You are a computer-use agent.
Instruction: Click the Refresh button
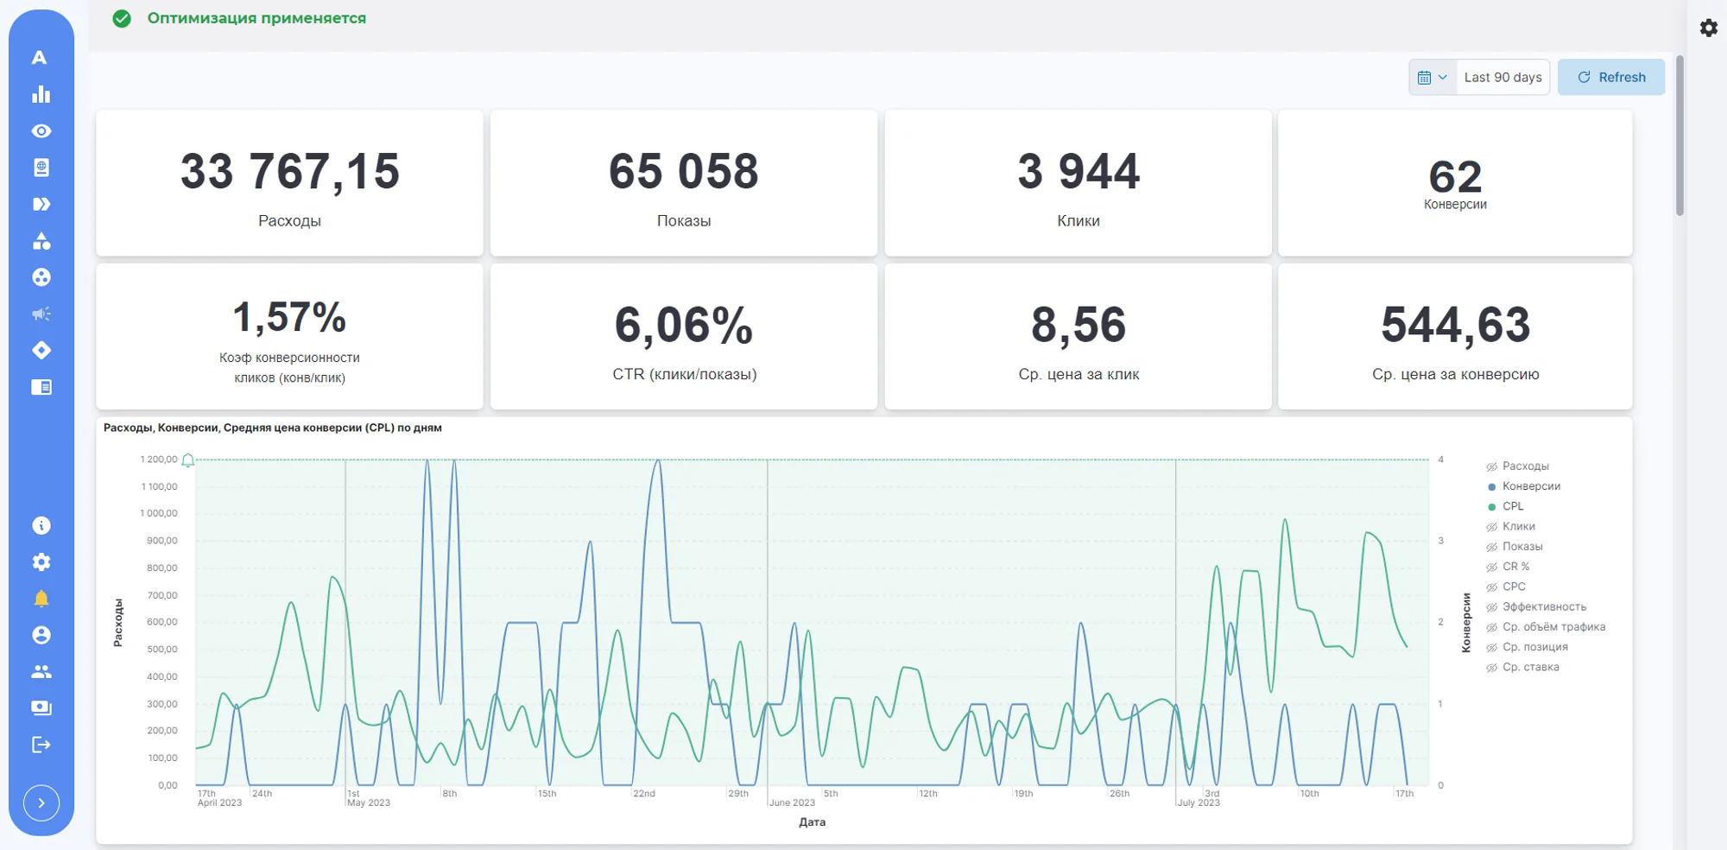pos(1611,77)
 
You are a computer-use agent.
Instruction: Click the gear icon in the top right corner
pos(1709,28)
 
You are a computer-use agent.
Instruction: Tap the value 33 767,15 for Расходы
pos(290,171)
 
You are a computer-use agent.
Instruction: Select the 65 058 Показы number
pos(684,171)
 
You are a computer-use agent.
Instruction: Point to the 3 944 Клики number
pos(1079,171)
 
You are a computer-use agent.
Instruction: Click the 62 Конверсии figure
pos(1456,177)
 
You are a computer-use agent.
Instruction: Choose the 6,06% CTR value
pos(684,326)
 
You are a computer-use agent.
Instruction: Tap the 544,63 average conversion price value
pos(1456,325)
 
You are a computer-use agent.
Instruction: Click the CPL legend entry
pos(1513,506)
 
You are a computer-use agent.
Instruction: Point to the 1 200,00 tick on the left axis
pos(159,460)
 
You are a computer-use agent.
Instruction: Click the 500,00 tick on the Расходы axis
pos(162,650)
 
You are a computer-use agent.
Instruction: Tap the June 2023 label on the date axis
pos(792,802)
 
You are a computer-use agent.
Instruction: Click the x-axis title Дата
pos(813,822)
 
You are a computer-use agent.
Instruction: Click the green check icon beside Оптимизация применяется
pos(122,18)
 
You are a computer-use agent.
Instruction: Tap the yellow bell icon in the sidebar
pos(41,599)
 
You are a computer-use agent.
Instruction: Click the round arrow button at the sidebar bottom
pos(41,803)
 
